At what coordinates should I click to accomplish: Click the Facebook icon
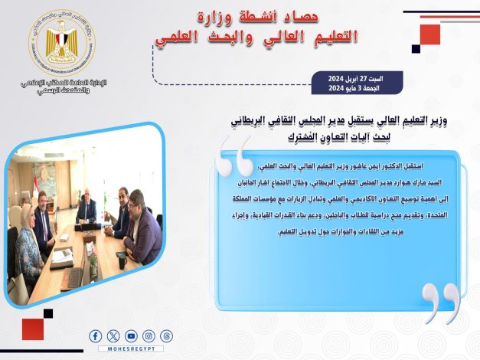[96, 335]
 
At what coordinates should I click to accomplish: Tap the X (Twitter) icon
[113, 335]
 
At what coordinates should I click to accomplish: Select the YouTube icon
[131, 335]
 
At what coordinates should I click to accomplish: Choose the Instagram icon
[149, 335]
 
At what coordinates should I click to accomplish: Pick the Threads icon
[166, 335]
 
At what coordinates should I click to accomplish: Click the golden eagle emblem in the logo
[61, 40]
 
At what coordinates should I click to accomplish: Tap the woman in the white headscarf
[28, 237]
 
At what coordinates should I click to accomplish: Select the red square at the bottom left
[32, 329]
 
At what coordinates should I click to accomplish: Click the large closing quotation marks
[442, 303]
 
